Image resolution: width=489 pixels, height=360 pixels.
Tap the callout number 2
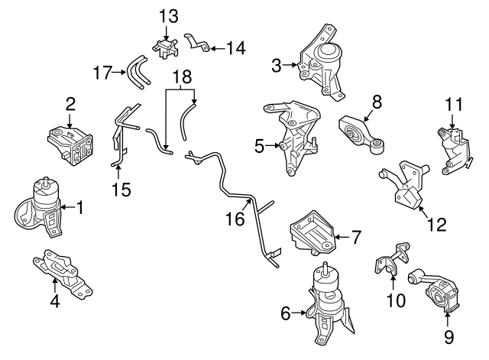pos(70,104)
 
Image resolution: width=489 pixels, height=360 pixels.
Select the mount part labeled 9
pos(440,294)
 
